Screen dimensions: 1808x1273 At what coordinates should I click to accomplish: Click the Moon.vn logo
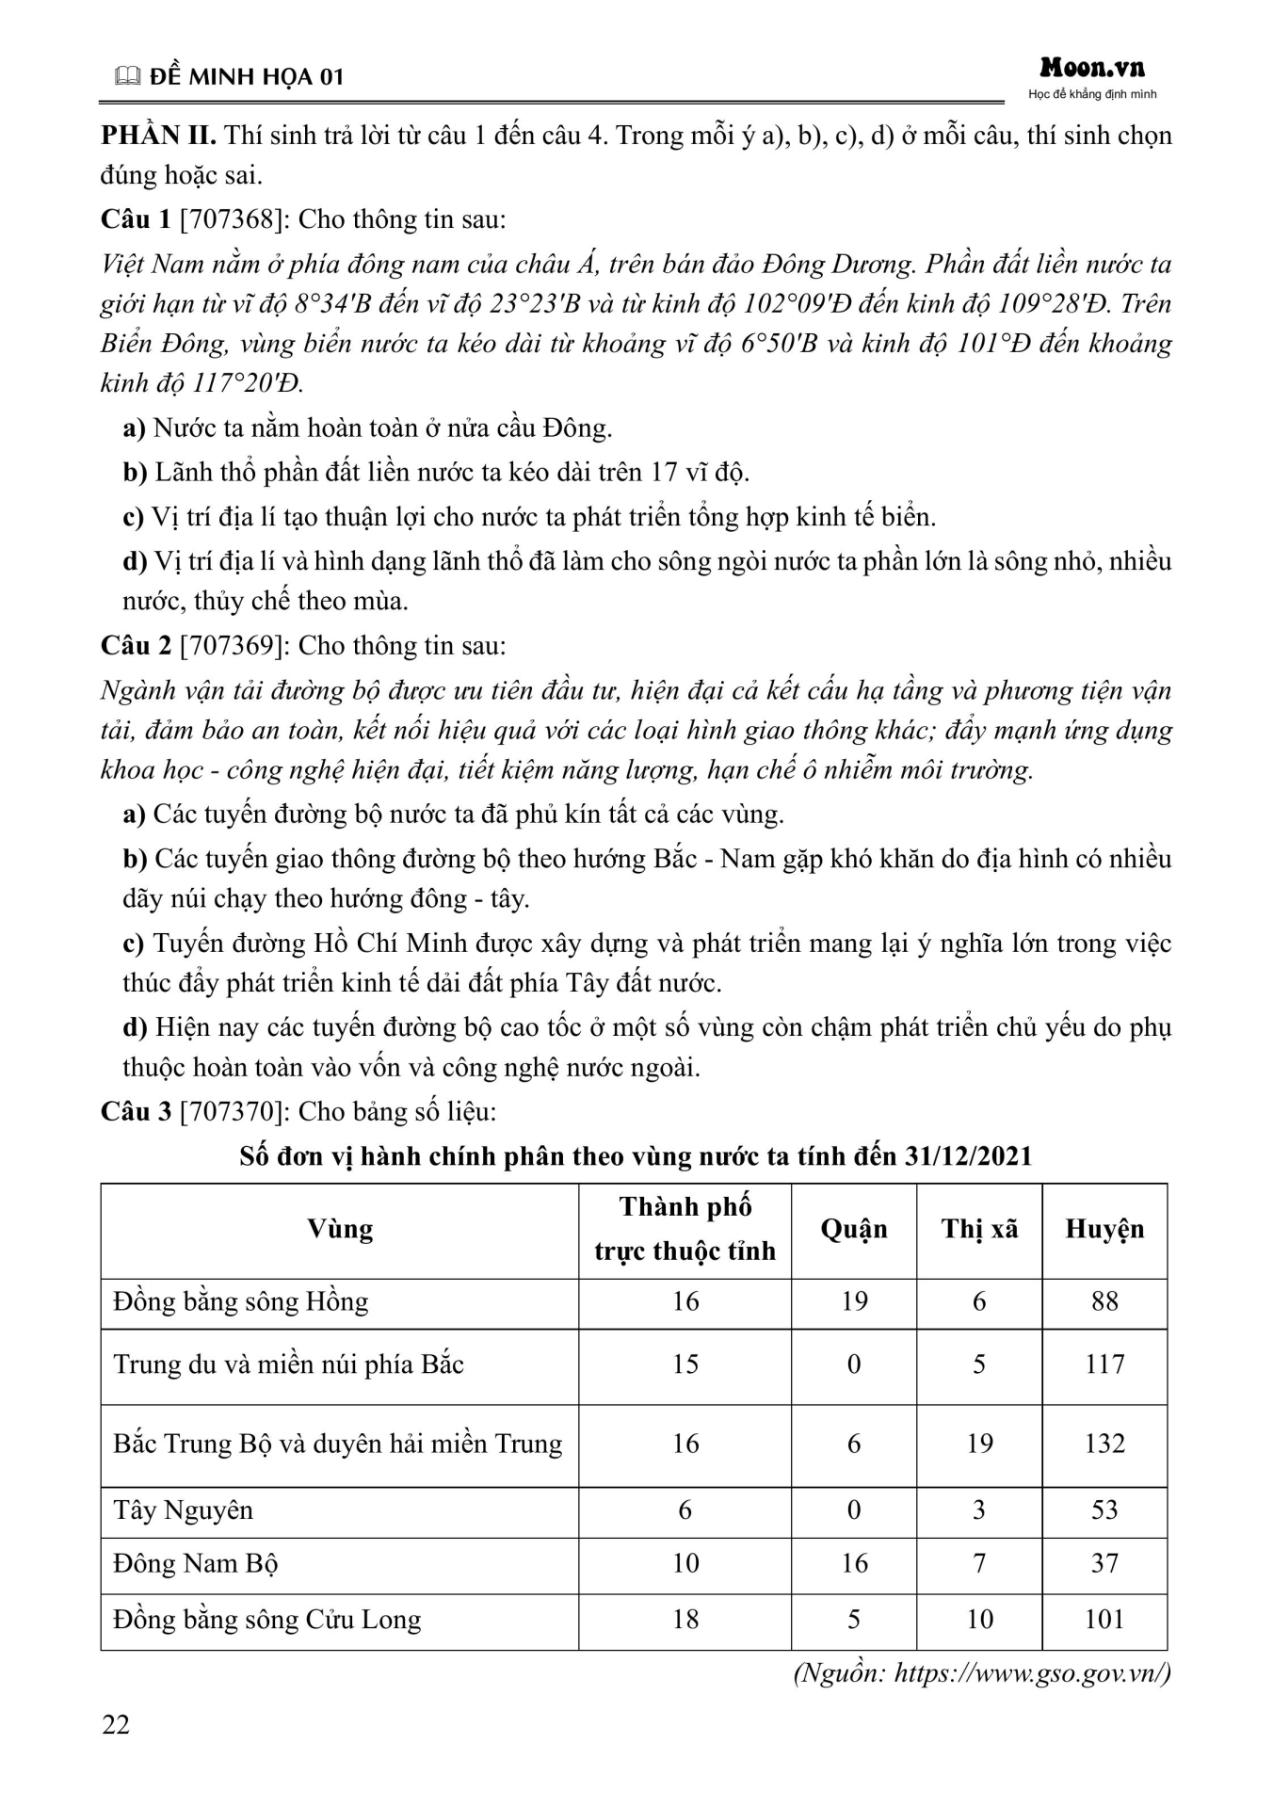pos(1092,68)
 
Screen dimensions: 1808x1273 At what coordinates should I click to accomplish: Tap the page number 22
pos(116,1725)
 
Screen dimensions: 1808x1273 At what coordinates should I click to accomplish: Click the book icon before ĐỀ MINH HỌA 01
pos(125,78)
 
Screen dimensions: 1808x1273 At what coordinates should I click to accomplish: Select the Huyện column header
pos(1104,1229)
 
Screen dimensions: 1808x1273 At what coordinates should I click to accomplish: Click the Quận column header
pos(854,1229)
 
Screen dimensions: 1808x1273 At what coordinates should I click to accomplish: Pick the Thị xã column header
pos(979,1229)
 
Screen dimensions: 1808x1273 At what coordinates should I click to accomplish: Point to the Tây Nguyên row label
pos(184,1510)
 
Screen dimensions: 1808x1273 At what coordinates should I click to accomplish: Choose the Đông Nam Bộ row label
pos(196,1564)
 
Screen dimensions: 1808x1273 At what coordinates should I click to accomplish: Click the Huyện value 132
pos(1104,1444)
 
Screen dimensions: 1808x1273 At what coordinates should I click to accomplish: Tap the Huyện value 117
pos(1104,1364)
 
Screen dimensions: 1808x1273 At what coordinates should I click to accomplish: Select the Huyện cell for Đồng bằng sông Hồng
pos(1104,1301)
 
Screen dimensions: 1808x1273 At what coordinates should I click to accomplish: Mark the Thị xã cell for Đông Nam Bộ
pos(979,1564)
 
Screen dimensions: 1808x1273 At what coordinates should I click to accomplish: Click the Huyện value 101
pos(1104,1620)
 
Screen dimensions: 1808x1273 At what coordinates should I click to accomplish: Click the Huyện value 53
pos(1104,1510)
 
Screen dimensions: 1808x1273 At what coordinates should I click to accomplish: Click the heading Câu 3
pos(137,1112)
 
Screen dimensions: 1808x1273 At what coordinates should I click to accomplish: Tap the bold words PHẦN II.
pos(159,136)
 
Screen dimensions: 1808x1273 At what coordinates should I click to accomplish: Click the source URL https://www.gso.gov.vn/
pos(1031,1673)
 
